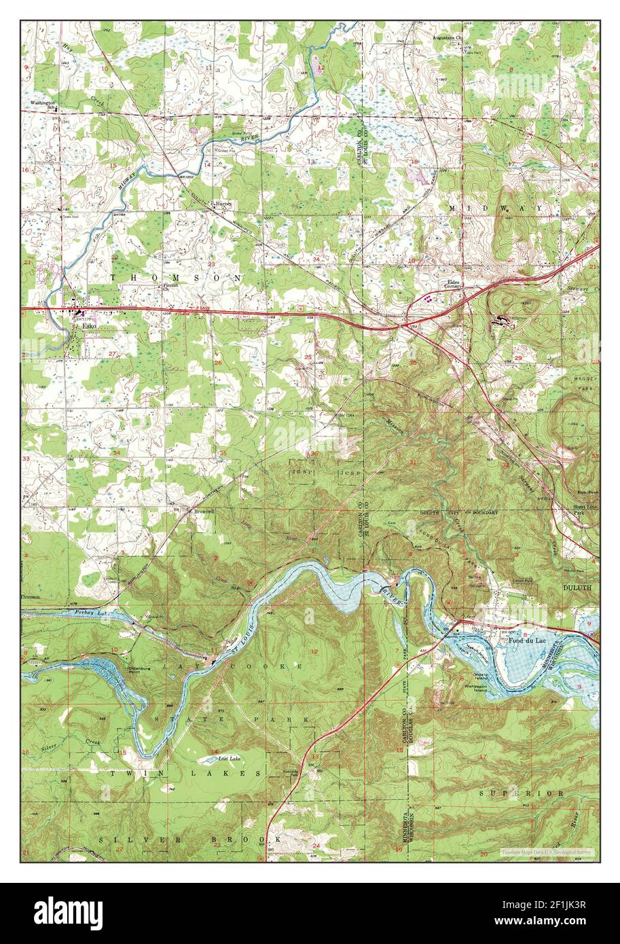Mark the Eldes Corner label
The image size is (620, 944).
[454, 283]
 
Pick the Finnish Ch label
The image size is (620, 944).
[169, 287]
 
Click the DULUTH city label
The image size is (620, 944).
[577, 587]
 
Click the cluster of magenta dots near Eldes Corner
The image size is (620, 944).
[429, 297]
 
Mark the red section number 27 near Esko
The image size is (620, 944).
[113, 354]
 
